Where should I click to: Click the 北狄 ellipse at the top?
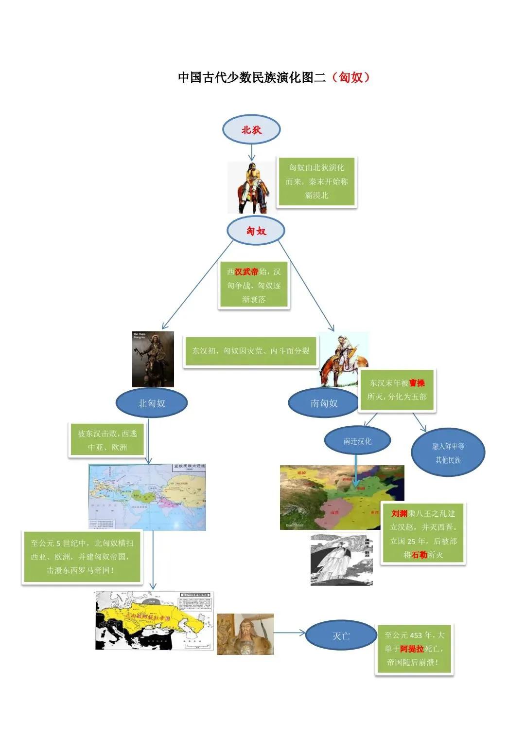coord(251,130)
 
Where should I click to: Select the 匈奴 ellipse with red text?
coord(256,231)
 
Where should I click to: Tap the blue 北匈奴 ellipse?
coord(152,403)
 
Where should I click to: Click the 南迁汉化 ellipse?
coord(357,441)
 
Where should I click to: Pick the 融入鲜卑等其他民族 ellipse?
coord(448,453)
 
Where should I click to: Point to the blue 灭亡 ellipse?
coord(341,635)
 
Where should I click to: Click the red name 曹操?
coord(417,383)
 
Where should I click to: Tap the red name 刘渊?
coord(399,513)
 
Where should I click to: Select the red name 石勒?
coord(420,555)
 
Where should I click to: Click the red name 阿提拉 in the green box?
coord(412,649)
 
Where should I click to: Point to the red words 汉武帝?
coord(246,272)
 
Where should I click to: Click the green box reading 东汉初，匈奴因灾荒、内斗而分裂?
coord(251,350)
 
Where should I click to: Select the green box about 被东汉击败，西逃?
coord(107,440)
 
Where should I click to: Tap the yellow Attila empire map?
coord(155,620)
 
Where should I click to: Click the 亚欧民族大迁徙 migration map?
coord(147,496)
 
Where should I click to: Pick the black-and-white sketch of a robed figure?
coord(341,560)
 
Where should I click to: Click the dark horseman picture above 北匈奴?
coord(153,359)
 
